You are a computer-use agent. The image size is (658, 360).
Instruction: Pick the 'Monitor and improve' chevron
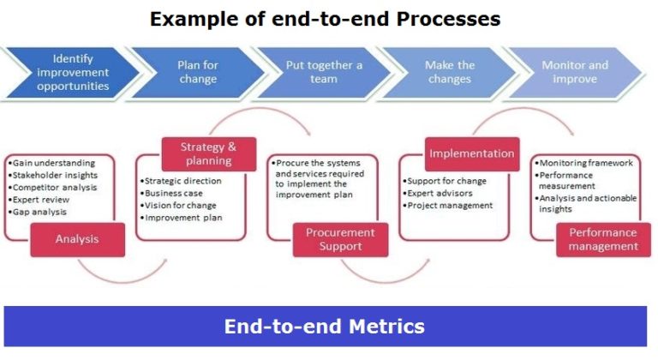tap(575, 73)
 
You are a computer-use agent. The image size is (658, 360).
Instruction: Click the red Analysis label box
tap(77, 239)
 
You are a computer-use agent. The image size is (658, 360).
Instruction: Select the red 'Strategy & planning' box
tap(206, 153)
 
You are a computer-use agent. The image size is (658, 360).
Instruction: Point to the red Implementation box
tap(472, 154)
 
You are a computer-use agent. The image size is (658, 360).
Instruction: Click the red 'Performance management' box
tap(603, 239)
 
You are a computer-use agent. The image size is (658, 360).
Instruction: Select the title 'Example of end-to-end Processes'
tap(325, 18)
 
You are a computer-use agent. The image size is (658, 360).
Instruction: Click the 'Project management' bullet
tap(450, 206)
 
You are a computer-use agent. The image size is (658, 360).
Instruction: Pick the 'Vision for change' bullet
tap(181, 206)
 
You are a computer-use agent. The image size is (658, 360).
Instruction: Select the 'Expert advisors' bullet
tap(442, 194)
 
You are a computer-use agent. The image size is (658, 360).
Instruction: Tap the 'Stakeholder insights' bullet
tap(54, 175)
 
